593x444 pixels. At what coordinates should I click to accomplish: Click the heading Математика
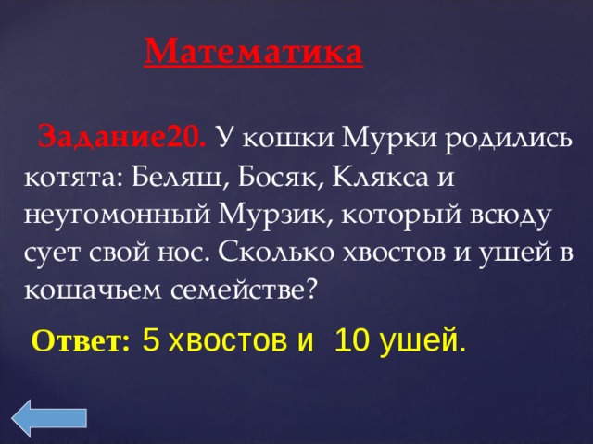pos(254,50)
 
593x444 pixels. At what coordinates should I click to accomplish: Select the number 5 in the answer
pos(150,340)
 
